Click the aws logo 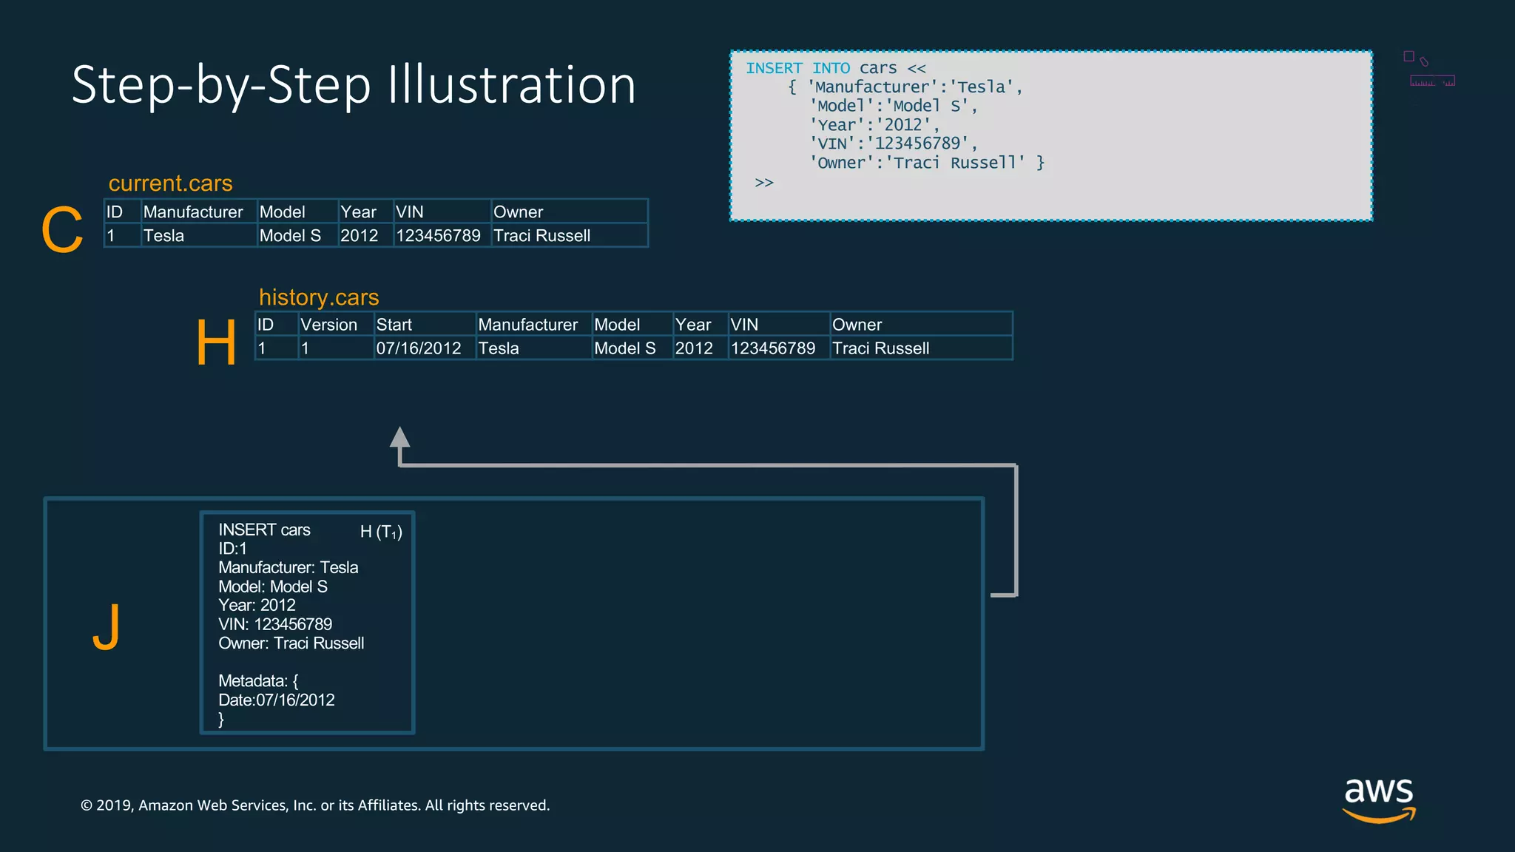1378,799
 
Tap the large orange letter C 62,230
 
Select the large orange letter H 216,342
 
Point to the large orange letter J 107,627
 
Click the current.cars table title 170,183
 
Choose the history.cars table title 319,297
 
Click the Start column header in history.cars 394,325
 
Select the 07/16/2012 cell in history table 419,348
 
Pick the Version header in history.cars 328,325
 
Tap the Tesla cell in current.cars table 163,236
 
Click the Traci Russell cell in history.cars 880,348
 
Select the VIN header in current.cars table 410,212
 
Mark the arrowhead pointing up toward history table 399,437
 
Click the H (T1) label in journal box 381,532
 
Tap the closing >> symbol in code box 764,183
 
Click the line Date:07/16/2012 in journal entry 277,700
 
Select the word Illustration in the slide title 511,85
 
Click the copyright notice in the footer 315,805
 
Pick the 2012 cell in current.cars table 359,236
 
